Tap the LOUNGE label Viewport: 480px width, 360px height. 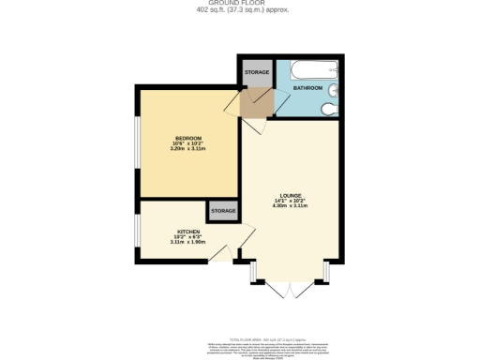coord(289,195)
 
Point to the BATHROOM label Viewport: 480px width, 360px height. coord(307,87)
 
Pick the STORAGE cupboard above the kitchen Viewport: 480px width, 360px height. coord(222,211)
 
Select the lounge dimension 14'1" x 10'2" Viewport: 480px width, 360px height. coord(289,201)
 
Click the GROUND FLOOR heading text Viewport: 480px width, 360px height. coord(240,4)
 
